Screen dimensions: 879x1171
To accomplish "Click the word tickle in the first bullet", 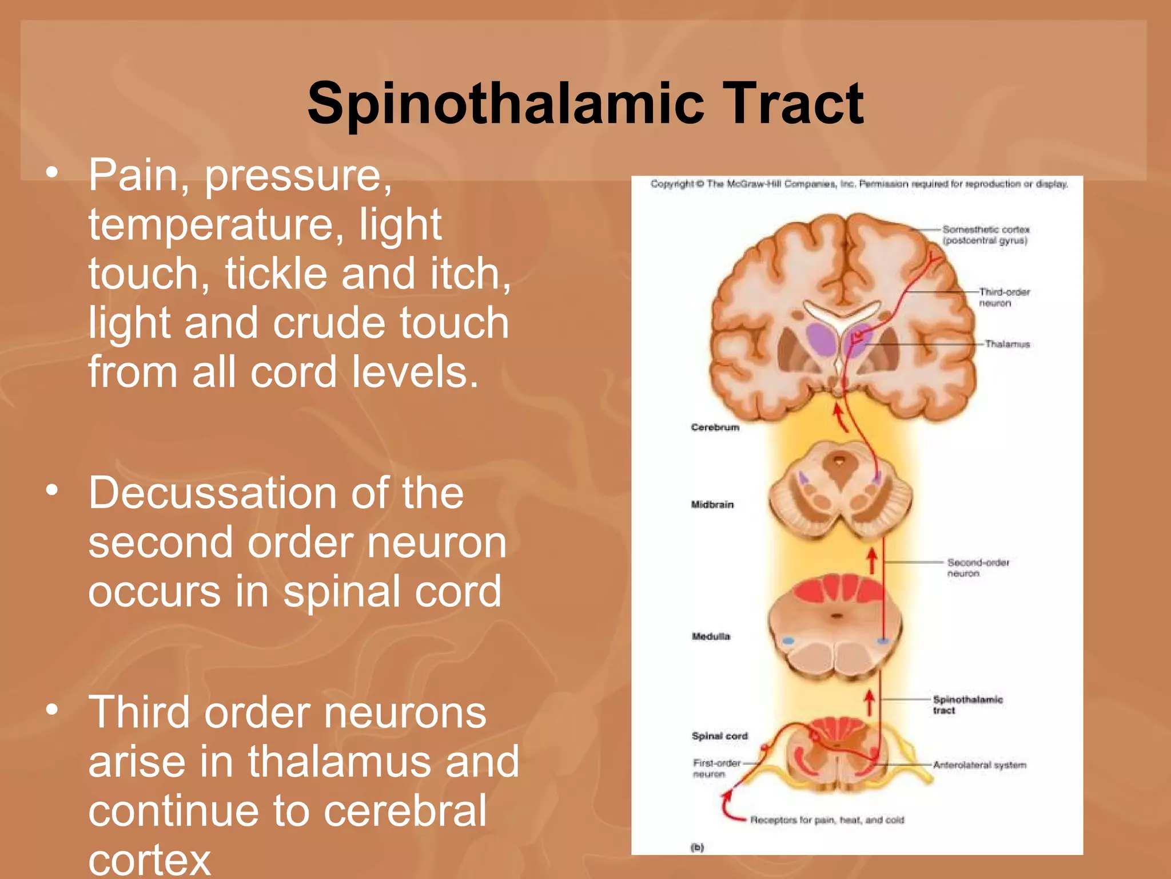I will (x=275, y=273).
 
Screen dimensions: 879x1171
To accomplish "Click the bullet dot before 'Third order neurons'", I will (x=53, y=710).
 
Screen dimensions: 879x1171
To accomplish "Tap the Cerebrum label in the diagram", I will (x=715, y=427).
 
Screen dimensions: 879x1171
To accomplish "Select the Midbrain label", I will (x=712, y=505).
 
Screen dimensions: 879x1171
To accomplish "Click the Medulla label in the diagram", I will (x=711, y=636).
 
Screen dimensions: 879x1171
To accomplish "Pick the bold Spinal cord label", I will (x=719, y=736).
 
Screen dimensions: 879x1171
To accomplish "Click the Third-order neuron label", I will (x=1003, y=298).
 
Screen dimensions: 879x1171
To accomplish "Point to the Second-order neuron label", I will (x=978, y=568).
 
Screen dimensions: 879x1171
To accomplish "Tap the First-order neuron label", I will (x=716, y=768).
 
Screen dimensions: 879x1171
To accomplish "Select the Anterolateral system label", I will (x=979, y=765).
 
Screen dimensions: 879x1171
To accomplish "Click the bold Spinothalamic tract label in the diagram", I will (x=967, y=704).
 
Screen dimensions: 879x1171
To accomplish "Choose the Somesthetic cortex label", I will (x=986, y=235).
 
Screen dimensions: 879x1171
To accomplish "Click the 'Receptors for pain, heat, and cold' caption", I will (x=827, y=820).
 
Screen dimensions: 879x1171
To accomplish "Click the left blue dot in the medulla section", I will (x=788, y=641).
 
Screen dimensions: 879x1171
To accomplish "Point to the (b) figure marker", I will (x=697, y=848).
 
